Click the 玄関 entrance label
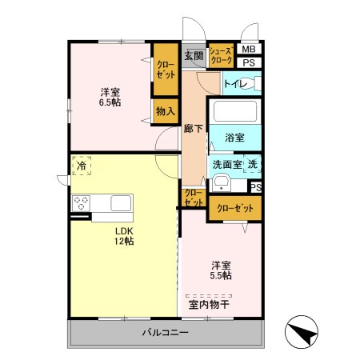pos(193,55)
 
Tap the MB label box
pos(249,50)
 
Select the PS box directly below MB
pos(249,62)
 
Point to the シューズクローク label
pos(221,55)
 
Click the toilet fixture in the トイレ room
pos(254,82)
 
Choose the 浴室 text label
pos(234,137)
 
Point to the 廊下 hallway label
pos(193,128)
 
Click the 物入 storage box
pos(166,110)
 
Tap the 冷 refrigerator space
pos(82,166)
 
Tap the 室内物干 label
pos(209,304)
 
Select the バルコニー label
pos(166,332)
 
